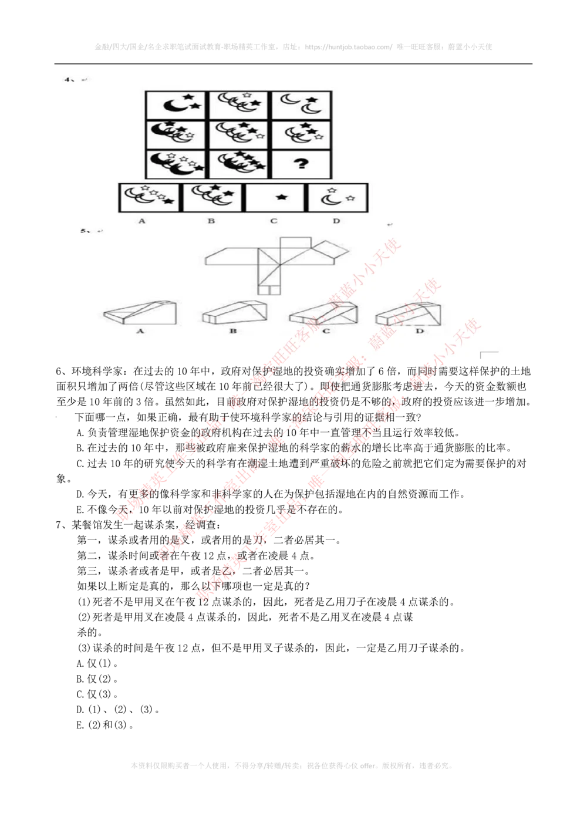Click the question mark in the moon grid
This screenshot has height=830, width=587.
pos(301,164)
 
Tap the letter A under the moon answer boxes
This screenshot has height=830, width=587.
pos(141,221)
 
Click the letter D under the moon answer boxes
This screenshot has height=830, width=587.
pos(336,221)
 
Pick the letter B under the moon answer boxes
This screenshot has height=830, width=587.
pos(211,221)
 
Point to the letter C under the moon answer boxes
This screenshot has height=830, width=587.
pos(274,221)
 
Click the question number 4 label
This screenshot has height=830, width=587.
pos(68,79)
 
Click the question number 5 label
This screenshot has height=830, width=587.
pos(85,231)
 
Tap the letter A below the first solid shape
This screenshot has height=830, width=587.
pos(140,332)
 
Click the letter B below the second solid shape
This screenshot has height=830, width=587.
pos(233,332)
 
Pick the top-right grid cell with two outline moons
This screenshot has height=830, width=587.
pos(301,105)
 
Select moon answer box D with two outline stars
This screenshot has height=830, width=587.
pos(338,197)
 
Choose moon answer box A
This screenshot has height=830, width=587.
pos(150,197)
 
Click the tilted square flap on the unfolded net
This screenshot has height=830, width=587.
pos(332,251)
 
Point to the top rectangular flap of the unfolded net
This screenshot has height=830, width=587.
pos(296,242)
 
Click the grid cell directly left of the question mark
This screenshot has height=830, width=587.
pos(238,164)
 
